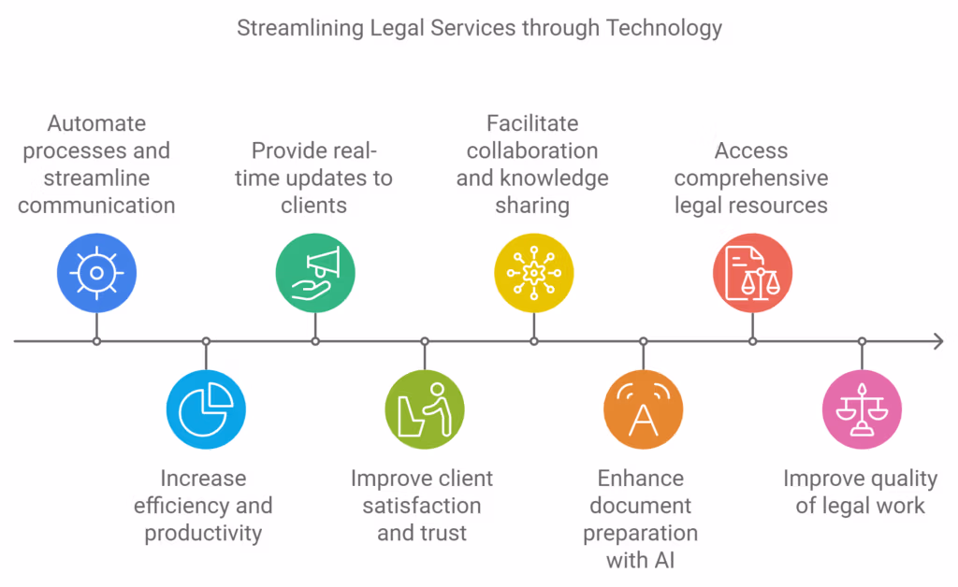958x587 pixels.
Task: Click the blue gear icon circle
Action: coord(96,273)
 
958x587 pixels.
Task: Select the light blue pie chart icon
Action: coord(206,409)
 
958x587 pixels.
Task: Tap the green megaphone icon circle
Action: coord(315,273)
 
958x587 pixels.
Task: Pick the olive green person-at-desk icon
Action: coord(425,409)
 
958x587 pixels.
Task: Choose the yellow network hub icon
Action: coord(534,273)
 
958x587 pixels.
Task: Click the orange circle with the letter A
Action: coord(644,409)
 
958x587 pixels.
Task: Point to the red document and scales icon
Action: coord(753,273)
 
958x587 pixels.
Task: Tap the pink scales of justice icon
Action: coord(862,409)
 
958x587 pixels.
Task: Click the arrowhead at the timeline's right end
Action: coord(937,341)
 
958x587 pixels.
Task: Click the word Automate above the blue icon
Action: coord(96,123)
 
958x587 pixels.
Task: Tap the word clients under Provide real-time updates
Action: coord(314,205)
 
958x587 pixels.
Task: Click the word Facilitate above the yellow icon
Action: coord(532,123)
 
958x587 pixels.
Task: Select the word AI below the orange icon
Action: coord(665,560)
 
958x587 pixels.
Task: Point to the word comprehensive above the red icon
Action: coord(751,178)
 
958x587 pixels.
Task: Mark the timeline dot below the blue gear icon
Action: coord(96,341)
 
